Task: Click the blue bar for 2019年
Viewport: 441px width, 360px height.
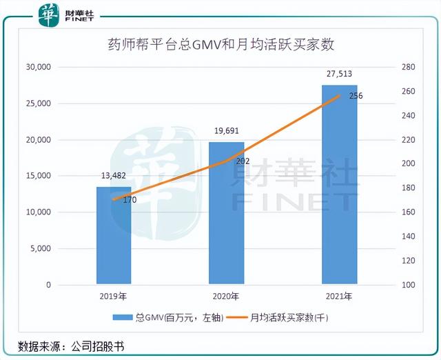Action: tap(114, 235)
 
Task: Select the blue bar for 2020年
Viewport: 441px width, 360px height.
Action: tap(227, 213)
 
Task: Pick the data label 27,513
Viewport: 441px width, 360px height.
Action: tap(339, 73)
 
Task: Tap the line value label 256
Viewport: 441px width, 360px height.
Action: tap(356, 96)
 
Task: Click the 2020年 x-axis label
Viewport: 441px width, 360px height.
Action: tap(226, 297)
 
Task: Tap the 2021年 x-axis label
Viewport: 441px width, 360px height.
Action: tap(339, 297)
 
